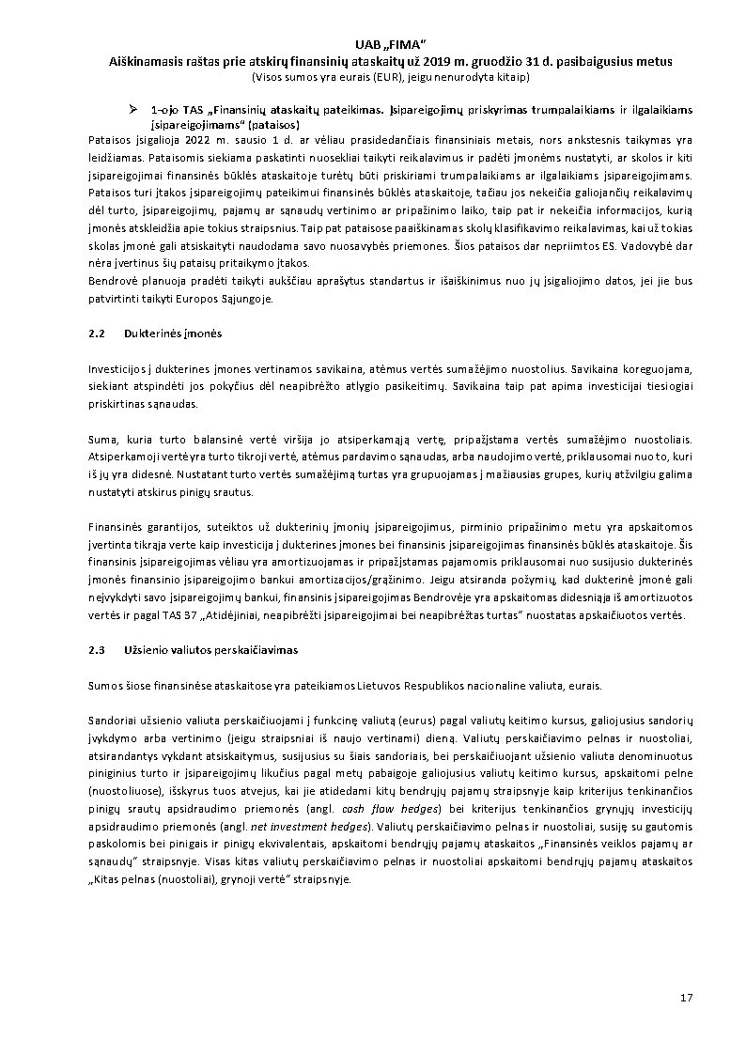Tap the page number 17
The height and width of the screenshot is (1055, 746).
pos(685,997)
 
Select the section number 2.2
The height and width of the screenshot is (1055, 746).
pos(97,334)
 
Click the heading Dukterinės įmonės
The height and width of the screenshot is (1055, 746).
pos(166,334)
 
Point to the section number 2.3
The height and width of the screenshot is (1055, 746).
pos(97,649)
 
